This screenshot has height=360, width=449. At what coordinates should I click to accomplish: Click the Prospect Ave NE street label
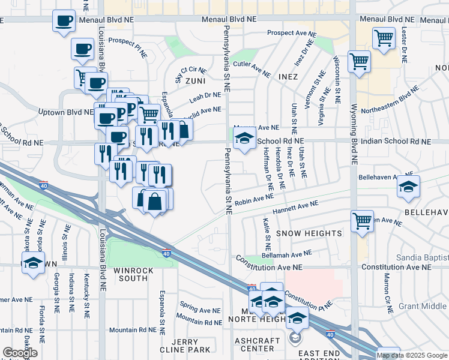click(291, 32)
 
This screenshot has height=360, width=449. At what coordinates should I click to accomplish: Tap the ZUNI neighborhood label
click(195, 80)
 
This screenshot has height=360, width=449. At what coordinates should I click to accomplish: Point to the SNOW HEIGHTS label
click(308, 233)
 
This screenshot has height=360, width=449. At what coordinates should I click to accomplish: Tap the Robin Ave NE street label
click(254, 201)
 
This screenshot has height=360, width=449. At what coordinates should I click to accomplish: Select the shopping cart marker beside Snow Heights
click(362, 221)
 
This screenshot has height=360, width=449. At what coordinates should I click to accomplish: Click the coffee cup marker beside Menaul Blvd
click(64, 22)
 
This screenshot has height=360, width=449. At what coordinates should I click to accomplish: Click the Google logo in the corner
click(20, 353)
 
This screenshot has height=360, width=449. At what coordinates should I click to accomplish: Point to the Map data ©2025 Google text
click(412, 355)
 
